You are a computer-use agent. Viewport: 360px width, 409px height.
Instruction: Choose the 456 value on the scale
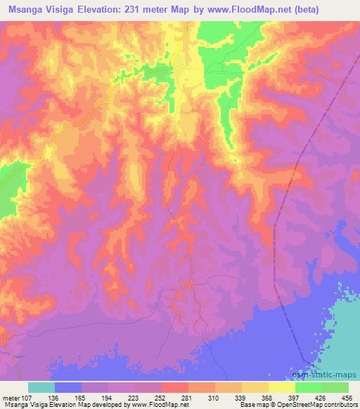tap(347, 397)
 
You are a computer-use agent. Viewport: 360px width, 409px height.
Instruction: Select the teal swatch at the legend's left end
tap(41, 387)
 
